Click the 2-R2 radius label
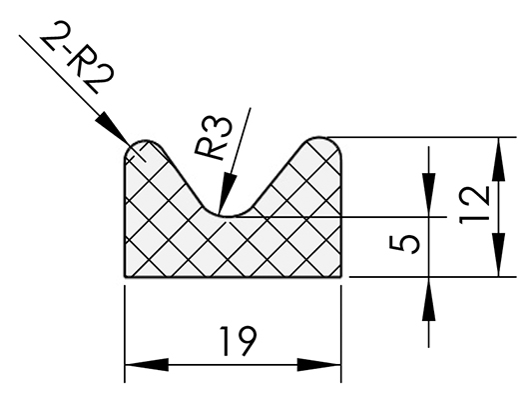click(x=77, y=57)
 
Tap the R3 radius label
click(x=214, y=138)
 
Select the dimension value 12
click(x=475, y=205)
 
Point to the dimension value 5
click(x=404, y=244)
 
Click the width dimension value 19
click(x=239, y=341)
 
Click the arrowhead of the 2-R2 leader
click(x=113, y=128)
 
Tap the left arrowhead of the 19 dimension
click(x=147, y=365)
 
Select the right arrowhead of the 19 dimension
click(x=319, y=365)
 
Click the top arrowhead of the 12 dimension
click(x=498, y=159)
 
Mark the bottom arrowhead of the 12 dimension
click(x=498, y=255)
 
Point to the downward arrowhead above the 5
click(x=429, y=195)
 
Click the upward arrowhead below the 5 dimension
click(x=429, y=298)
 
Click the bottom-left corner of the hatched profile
click(x=125, y=277)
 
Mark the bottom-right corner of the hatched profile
click(x=340, y=277)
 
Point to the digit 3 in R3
click(x=222, y=127)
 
